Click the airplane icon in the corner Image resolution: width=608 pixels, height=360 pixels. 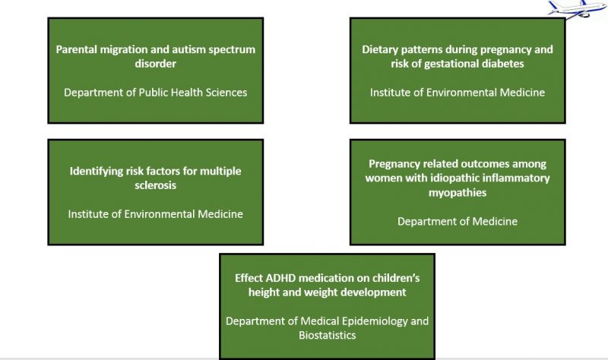[x=577, y=9]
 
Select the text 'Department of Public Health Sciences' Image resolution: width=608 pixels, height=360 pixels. [x=156, y=93]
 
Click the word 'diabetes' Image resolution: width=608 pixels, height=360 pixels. [x=503, y=64]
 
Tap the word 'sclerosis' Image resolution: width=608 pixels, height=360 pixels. [x=156, y=185]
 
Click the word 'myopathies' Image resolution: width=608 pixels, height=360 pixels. [x=458, y=193]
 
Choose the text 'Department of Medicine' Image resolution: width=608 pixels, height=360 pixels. [x=458, y=221]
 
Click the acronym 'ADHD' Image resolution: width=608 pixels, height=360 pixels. [x=280, y=278]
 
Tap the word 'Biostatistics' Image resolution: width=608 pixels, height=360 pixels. [x=328, y=335]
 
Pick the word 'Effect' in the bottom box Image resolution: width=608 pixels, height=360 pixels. [x=249, y=278]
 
